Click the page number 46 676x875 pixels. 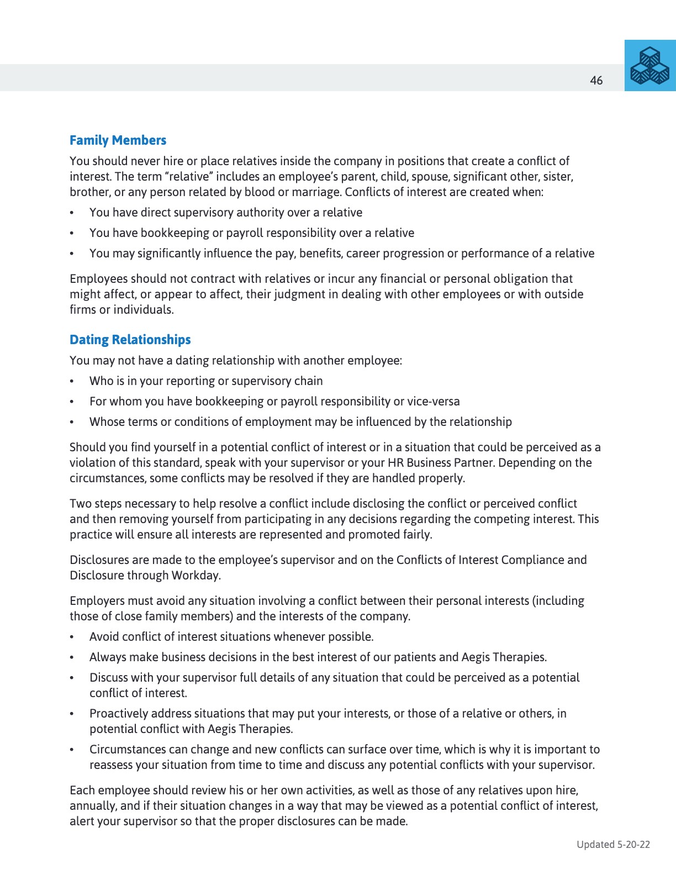(x=596, y=81)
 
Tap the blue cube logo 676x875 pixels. (x=650, y=66)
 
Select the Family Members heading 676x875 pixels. (x=118, y=140)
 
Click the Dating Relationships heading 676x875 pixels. (x=130, y=340)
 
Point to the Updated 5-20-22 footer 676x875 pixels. (x=613, y=844)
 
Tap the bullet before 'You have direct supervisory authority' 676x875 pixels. (x=72, y=213)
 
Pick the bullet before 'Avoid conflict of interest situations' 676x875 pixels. (x=72, y=637)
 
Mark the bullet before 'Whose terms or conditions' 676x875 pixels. (x=72, y=423)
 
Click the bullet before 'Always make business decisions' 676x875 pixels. (x=72, y=658)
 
